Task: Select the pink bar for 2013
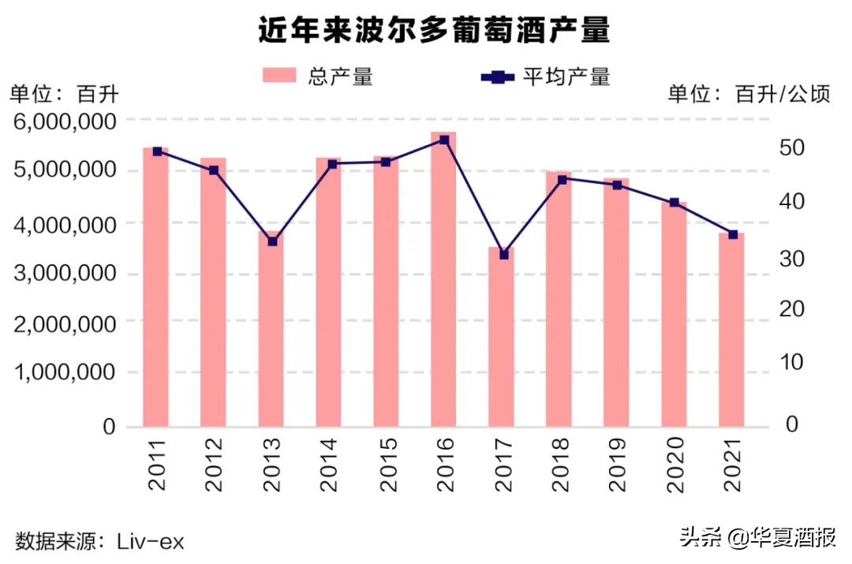[x=271, y=331]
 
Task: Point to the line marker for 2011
[x=157, y=151]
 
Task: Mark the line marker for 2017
[x=503, y=255]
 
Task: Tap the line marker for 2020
[x=674, y=203]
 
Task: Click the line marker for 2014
[x=332, y=164]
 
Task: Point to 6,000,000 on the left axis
[x=63, y=121]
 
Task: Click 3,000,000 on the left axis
[x=63, y=274]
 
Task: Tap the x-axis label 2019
[x=617, y=466]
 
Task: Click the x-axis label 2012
[x=214, y=466]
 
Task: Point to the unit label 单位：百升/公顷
[x=749, y=95]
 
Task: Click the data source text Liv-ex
[x=151, y=541]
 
